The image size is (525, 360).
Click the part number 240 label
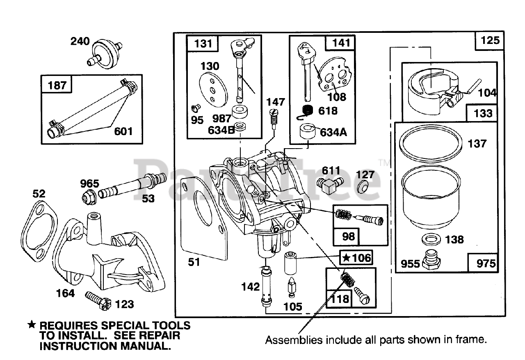click(x=80, y=41)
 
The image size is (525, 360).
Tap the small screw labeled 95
click(x=196, y=108)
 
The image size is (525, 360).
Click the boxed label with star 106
click(x=356, y=258)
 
